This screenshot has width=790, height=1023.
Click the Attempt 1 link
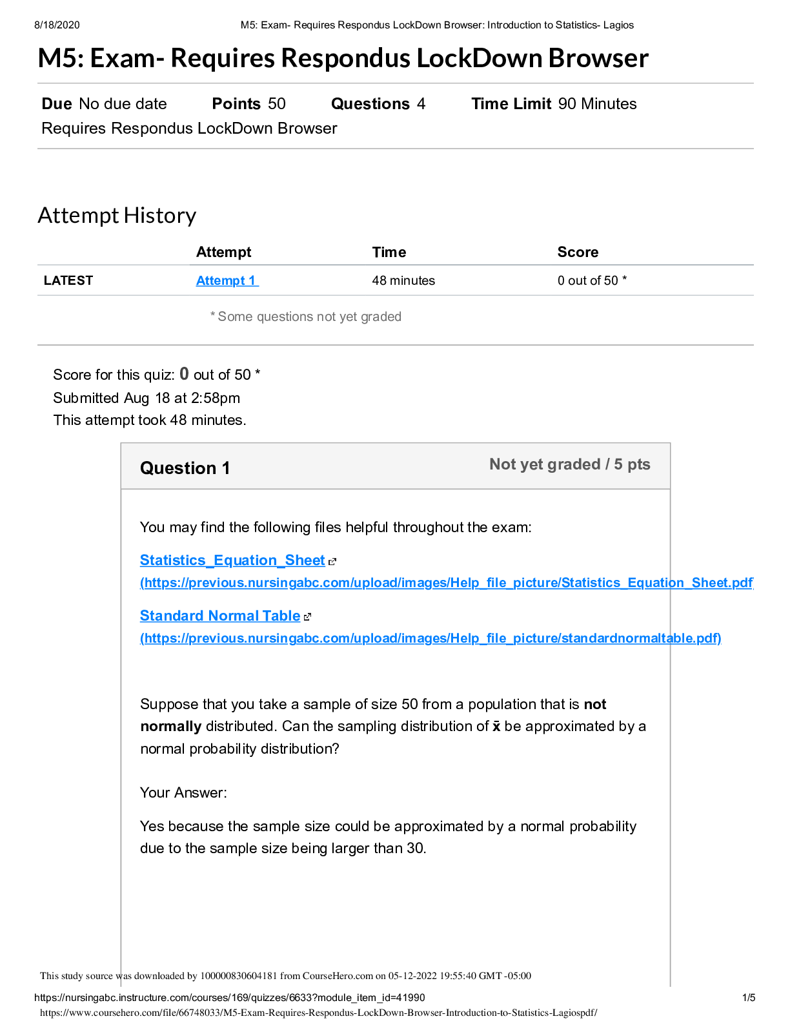227,281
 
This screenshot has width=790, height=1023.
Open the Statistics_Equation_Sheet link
232,561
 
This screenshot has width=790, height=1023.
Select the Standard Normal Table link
220,616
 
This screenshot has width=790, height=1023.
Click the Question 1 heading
185,468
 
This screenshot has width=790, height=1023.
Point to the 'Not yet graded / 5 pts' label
569,464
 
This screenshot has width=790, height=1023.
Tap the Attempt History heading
117,216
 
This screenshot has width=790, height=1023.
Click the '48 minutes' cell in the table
403,281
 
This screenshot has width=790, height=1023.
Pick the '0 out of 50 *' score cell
592,281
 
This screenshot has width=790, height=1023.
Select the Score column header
578,253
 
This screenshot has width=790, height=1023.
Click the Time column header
389,253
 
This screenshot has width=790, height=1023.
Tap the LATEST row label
68,281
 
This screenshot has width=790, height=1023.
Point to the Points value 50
277,104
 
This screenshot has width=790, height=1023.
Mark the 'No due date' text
123,104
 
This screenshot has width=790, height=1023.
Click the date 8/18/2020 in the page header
57,25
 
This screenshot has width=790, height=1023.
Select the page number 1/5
749,998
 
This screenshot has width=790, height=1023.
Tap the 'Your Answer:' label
183,793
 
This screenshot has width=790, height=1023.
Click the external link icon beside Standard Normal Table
307,617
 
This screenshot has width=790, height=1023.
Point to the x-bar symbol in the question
496,727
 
